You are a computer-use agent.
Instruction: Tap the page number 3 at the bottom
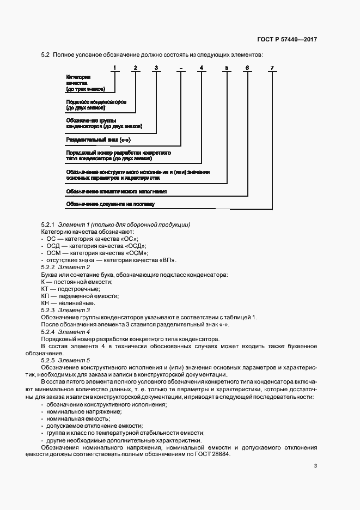coord(316,465)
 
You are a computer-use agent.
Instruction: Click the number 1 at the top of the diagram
coord(114,68)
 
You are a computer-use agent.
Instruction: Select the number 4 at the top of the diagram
coord(201,68)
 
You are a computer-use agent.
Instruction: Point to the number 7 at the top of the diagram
coord(272,68)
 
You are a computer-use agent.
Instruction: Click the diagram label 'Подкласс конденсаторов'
coord(96,102)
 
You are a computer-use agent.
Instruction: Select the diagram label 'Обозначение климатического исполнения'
coord(116,191)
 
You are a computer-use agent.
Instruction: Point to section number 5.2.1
coord(49,225)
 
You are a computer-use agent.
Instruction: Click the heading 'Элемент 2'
coord(74,267)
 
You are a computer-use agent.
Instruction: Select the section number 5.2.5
coord(49,360)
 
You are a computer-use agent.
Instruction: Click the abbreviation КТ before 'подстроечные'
coord(45,288)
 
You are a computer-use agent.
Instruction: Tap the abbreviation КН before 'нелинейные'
coord(45,302)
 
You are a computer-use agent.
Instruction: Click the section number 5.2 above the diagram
coord(45,55)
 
